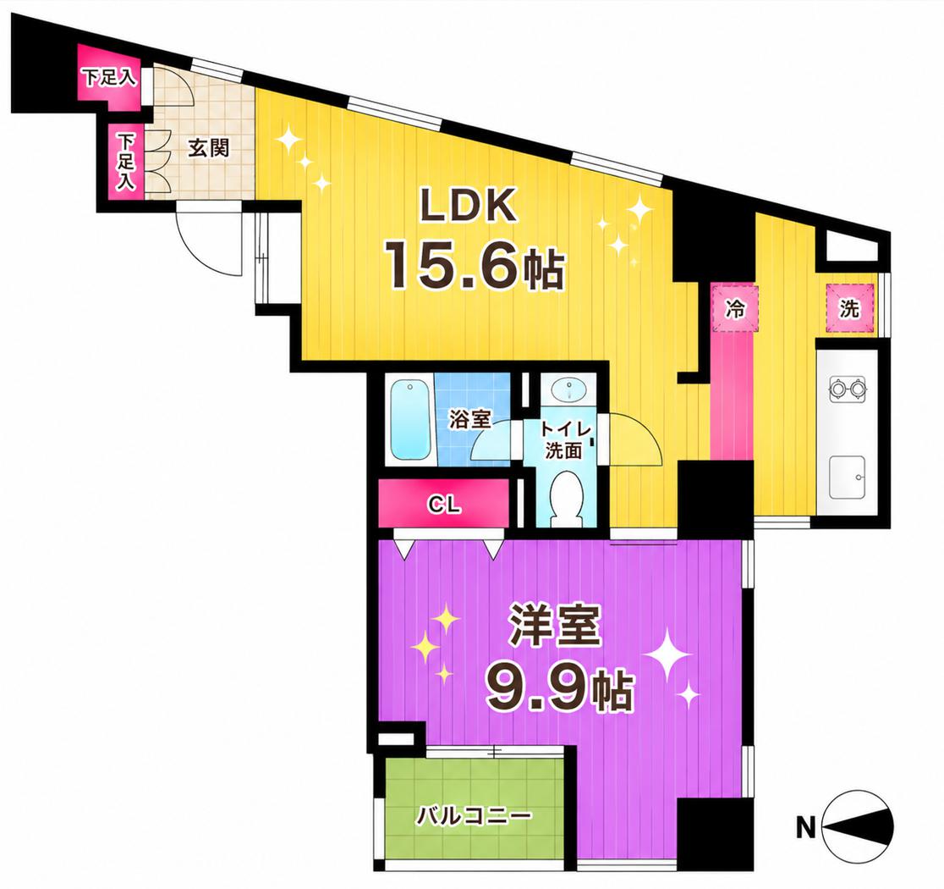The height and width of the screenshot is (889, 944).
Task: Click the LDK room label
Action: tap(469, 207)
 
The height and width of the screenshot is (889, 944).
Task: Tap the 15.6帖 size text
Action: tap(475, 265)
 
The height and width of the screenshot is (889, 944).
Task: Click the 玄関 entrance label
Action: tap(209, 148)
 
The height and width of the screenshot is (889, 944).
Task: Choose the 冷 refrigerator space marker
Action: tap(734, 309)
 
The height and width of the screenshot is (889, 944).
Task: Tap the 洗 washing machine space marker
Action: tap(849, 309)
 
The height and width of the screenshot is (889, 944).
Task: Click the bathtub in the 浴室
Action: tap(411, 421)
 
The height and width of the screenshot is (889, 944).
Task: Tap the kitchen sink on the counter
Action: tap(847, 478)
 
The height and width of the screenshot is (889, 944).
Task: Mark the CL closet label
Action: tap(445, 505)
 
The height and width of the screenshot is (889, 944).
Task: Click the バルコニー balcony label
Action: tap(475, 817)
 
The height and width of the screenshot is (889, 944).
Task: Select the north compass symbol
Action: tap(858, 827)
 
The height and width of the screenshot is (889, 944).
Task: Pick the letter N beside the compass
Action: tap(805, 827)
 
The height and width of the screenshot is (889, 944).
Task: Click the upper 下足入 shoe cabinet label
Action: tap(109, 78)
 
